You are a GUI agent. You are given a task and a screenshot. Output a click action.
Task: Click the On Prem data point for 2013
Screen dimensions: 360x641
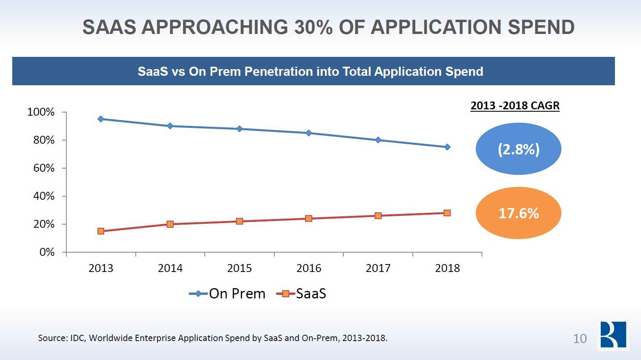[x=101, y=119]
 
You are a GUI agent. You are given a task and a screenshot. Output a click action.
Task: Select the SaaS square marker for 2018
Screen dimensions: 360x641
[x=447, y=213]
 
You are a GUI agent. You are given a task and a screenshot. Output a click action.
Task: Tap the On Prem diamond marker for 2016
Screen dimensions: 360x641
[x=309, y=133]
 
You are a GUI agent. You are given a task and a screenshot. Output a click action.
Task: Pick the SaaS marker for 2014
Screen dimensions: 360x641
[x=170, y=224]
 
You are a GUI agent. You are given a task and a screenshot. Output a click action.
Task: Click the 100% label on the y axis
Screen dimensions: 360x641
[x=41, y=112]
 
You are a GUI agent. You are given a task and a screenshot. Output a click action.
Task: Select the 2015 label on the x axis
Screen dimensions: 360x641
[x=239, y=268]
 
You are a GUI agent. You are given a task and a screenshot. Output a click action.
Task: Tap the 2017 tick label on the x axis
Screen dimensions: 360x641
[x=378, y=268]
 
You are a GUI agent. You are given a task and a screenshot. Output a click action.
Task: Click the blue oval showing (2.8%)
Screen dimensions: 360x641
[x=518, y=149]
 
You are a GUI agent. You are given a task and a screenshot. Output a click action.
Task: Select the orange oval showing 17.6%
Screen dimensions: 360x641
[x=518, y=213]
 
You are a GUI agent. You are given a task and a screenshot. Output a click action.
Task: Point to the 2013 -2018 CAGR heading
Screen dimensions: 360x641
[x=515, y=106]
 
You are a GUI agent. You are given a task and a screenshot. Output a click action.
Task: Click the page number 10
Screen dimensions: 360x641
[x=579, y=339]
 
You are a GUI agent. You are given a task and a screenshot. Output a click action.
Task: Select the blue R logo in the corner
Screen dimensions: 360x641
[x=613, y=335]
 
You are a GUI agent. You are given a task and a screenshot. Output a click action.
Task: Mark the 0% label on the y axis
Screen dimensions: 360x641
[x=47, y=252]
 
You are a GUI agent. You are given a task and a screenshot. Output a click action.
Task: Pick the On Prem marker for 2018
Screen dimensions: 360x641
[x=447, y=147]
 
